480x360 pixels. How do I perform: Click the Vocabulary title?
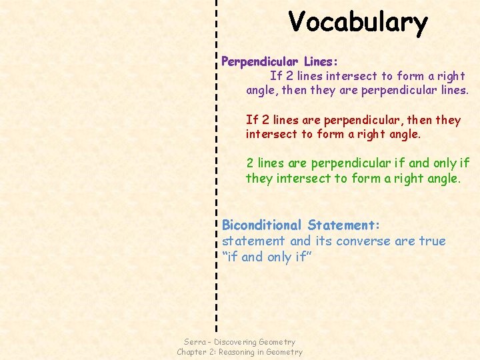pos(358,22)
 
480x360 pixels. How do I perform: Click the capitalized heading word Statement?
pos(344,225)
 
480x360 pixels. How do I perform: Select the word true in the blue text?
pos(432,241)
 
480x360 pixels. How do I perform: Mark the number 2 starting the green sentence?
pos(250,163)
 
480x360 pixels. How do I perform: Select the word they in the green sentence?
pos(259,179)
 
